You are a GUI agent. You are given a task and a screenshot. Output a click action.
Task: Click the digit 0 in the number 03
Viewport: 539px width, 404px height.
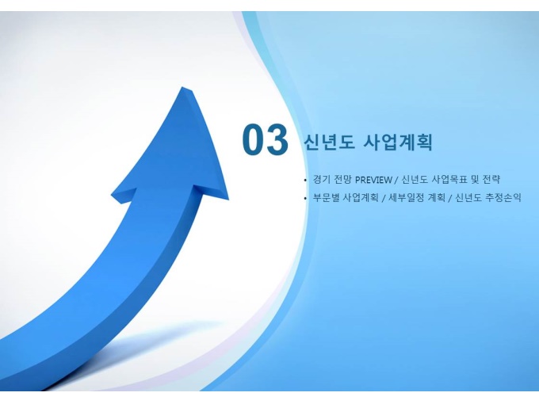tap(253, 139)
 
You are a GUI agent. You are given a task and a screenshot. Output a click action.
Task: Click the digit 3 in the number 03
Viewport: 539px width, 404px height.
tap(277, 139)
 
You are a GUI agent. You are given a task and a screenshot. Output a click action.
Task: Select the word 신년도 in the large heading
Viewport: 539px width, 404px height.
tap(329, 142)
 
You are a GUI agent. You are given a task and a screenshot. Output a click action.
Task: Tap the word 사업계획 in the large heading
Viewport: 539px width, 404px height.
tap(397, 142)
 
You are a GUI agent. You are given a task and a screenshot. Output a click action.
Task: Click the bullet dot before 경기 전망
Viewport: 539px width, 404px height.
tap(305, 180)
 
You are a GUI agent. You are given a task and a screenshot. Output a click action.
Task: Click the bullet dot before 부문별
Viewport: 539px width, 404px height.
tap(305, 198)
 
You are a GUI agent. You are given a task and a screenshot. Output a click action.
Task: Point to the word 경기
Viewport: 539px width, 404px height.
tap(322, 179)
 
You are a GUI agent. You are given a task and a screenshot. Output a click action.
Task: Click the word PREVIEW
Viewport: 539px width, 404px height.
tap(373, 180)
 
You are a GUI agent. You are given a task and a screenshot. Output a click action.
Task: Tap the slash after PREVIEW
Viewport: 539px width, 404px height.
tap(396, 180)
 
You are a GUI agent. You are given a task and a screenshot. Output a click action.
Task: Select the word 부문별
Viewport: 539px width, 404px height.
tap(327, 197)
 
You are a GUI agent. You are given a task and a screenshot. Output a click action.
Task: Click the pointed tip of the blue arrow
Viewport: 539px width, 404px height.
tap(183, 87)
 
